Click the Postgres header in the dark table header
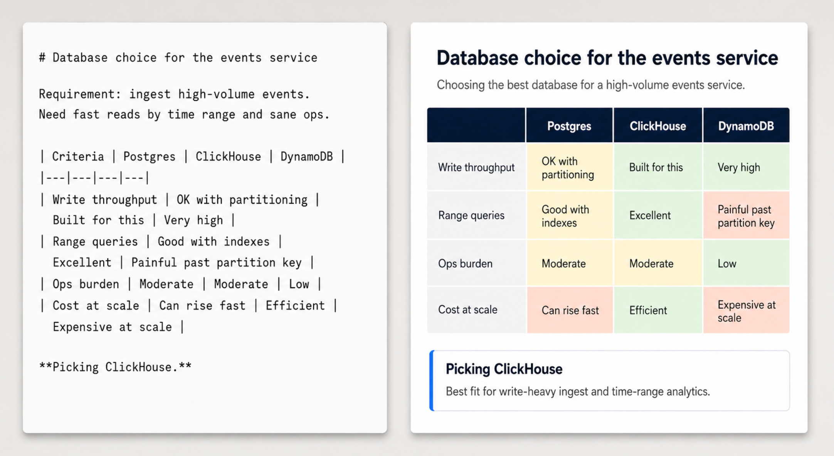point(569,126)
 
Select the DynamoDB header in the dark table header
point(746,126)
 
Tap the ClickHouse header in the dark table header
point(657,126)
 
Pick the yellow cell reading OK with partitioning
point(570,168)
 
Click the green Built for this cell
point(658,168)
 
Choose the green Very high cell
point(746,168)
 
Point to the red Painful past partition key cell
point(746,216)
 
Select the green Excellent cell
point(658,216)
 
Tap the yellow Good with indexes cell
point(570,216)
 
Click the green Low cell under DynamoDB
point(746,263)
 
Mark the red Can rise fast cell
point(570,310)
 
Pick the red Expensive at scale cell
point(746,310)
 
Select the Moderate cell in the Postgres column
point(570,263)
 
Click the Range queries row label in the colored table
point(471,215)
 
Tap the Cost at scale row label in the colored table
point(467,310)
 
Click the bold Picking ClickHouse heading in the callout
point(504,369)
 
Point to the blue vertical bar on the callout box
point(432,381)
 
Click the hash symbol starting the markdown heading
point(42,58)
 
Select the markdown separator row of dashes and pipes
point(94,178)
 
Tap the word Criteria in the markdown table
point(78,157)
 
